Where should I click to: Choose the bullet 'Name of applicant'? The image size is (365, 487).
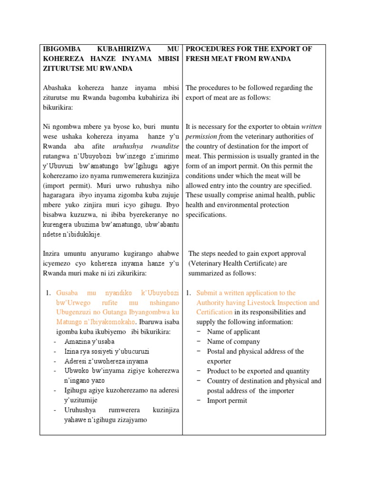click(233, 332)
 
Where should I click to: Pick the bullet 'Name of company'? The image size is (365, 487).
click(233, 341)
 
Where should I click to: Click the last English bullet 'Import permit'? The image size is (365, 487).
click(227, 400)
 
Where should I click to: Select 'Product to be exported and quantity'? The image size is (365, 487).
click(258, 371)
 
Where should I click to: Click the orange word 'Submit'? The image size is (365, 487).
click(208, 293)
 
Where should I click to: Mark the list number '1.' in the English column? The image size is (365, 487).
click(188, 293)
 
